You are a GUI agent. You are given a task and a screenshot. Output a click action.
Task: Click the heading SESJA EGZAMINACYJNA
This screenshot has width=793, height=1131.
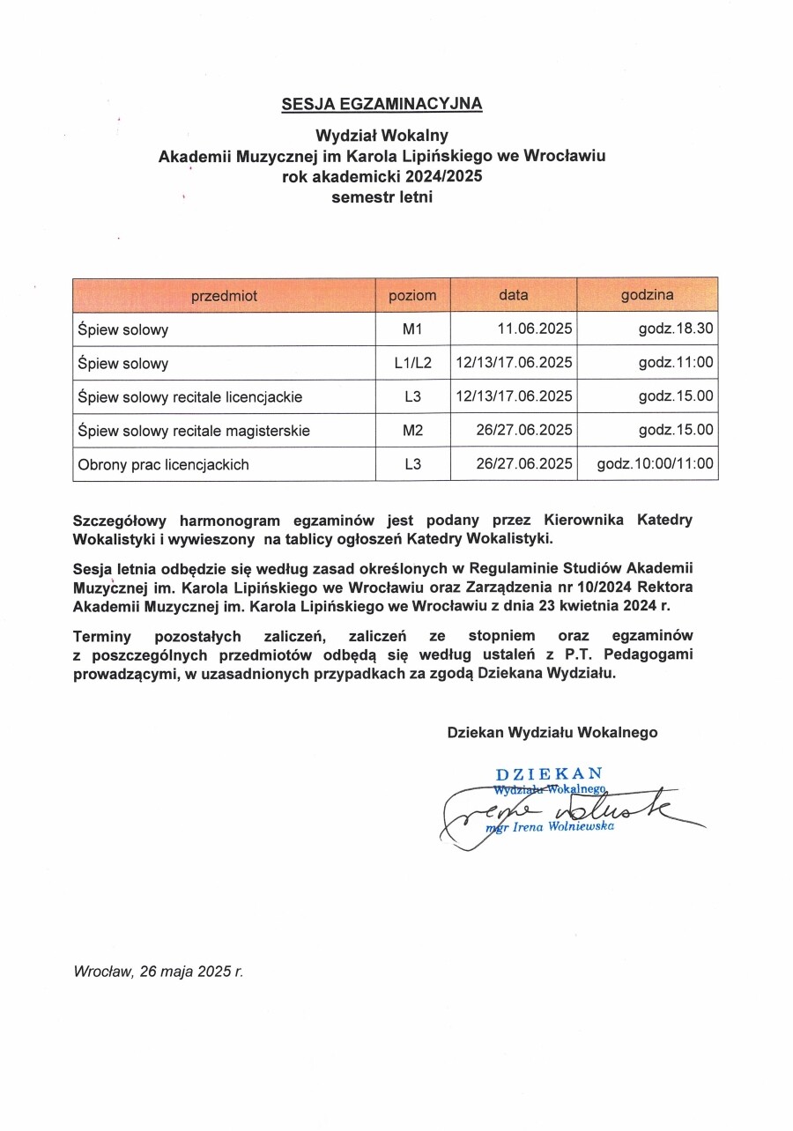[x=382, y=104]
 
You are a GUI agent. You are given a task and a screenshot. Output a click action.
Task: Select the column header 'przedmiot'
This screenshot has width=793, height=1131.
[x=224, y=296]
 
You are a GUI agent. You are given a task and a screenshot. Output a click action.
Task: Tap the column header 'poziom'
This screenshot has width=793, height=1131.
[x=412, y=296]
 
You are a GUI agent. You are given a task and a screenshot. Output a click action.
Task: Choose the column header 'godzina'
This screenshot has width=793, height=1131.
[x=647, y=295]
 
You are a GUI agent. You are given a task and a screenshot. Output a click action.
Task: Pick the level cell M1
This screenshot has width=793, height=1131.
[x=412, y=330]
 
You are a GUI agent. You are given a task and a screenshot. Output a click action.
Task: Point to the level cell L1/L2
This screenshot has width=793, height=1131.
[x=412, y=363]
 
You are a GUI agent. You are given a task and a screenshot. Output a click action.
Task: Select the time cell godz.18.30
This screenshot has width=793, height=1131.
[x=676, y=330]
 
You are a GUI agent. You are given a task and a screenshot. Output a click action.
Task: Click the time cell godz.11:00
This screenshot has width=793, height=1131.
[x=676, y=363]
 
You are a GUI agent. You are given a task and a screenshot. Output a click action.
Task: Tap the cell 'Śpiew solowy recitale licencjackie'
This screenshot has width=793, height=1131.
[x=189, y=397]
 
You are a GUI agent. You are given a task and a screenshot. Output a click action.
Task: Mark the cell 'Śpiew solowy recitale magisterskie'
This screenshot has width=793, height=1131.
[x=193, y=431]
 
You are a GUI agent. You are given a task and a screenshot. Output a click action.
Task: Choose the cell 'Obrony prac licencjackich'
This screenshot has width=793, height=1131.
[x=163, y=464]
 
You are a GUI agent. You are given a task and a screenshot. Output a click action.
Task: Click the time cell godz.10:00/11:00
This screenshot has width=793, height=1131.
[x=655, y=464]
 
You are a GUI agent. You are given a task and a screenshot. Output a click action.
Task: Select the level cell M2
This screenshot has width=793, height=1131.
[x=412, y=431]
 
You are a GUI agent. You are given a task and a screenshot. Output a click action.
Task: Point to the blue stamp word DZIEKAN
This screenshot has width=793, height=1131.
[x=549, y=775]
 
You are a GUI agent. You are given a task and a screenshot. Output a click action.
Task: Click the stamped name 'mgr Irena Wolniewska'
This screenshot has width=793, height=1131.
[x=551, y=827]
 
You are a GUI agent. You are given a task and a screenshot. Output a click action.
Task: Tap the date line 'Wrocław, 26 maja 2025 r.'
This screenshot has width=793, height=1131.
[x=159, y=972]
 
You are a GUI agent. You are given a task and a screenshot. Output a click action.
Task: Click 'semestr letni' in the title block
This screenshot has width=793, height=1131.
[x=382, y=197]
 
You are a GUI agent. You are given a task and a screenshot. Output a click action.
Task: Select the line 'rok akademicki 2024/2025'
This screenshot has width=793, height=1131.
[x=382, y=176]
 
